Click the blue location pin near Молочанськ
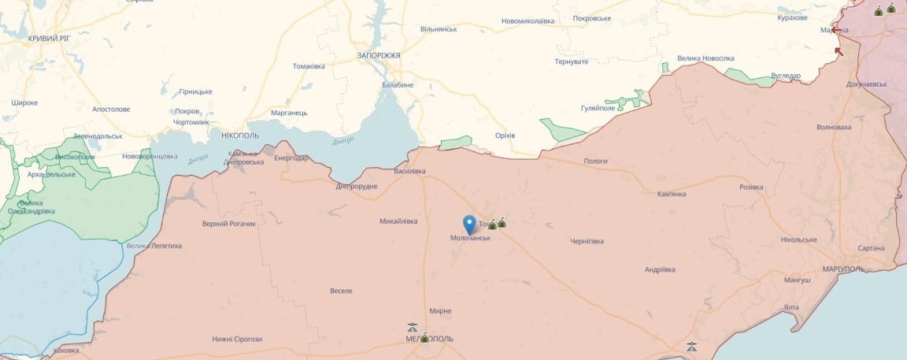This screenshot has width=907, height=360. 470,224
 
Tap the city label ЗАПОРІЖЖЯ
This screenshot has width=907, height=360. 379,56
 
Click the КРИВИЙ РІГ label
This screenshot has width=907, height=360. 50,38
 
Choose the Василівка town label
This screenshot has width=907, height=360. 409,171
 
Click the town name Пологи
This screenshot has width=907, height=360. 595,161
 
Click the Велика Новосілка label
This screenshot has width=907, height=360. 705,58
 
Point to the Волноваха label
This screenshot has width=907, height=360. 834,127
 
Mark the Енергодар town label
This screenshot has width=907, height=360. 290,158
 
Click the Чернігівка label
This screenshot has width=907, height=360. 586,241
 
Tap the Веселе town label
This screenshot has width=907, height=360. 341,291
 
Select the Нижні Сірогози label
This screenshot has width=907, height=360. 237,339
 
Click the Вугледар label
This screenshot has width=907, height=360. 786,76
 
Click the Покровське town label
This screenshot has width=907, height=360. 592,18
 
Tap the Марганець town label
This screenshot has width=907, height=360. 289,113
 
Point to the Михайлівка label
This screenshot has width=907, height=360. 398,221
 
